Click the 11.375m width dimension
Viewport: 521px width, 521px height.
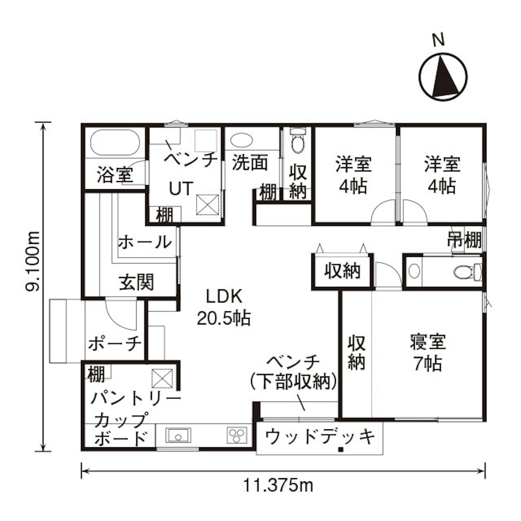[x=278, y=486]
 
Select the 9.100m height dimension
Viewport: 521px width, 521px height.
[x=33, y=261]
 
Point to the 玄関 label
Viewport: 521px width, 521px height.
[x=136, y=282]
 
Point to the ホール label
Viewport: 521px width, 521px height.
[x=145, y=242]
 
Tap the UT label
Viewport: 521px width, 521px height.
[x=181, y=188]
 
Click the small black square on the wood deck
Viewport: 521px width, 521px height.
[x=341, y=449]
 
